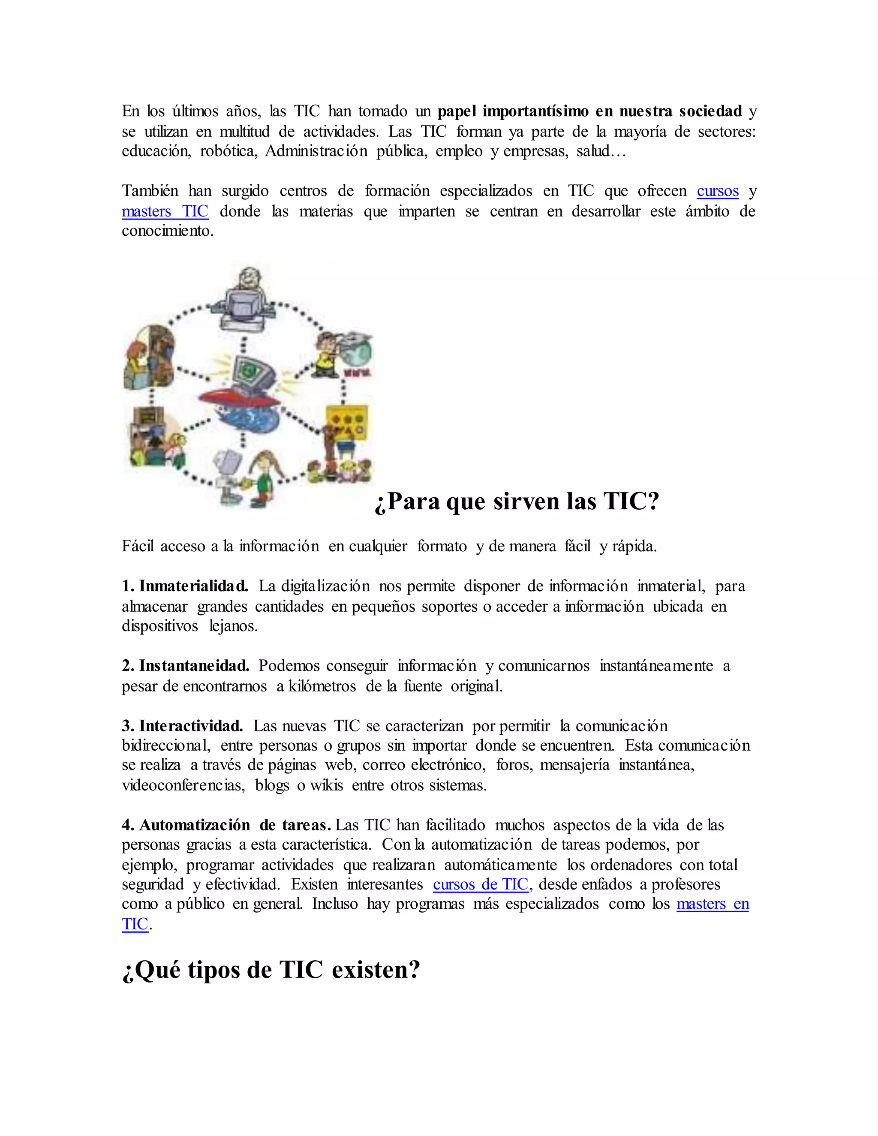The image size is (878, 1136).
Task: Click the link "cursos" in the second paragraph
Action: pyautogui.click(x=717, y=191)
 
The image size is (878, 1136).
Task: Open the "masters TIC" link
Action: pyautogui.click(x=165, y=211)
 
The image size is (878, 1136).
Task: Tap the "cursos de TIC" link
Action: pyautogui.click(x=481, y=884)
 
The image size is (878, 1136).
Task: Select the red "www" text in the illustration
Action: pyautogui.click(x=358, y=373)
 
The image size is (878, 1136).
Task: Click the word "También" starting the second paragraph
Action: pyautogui.click(x=150, y=191)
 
